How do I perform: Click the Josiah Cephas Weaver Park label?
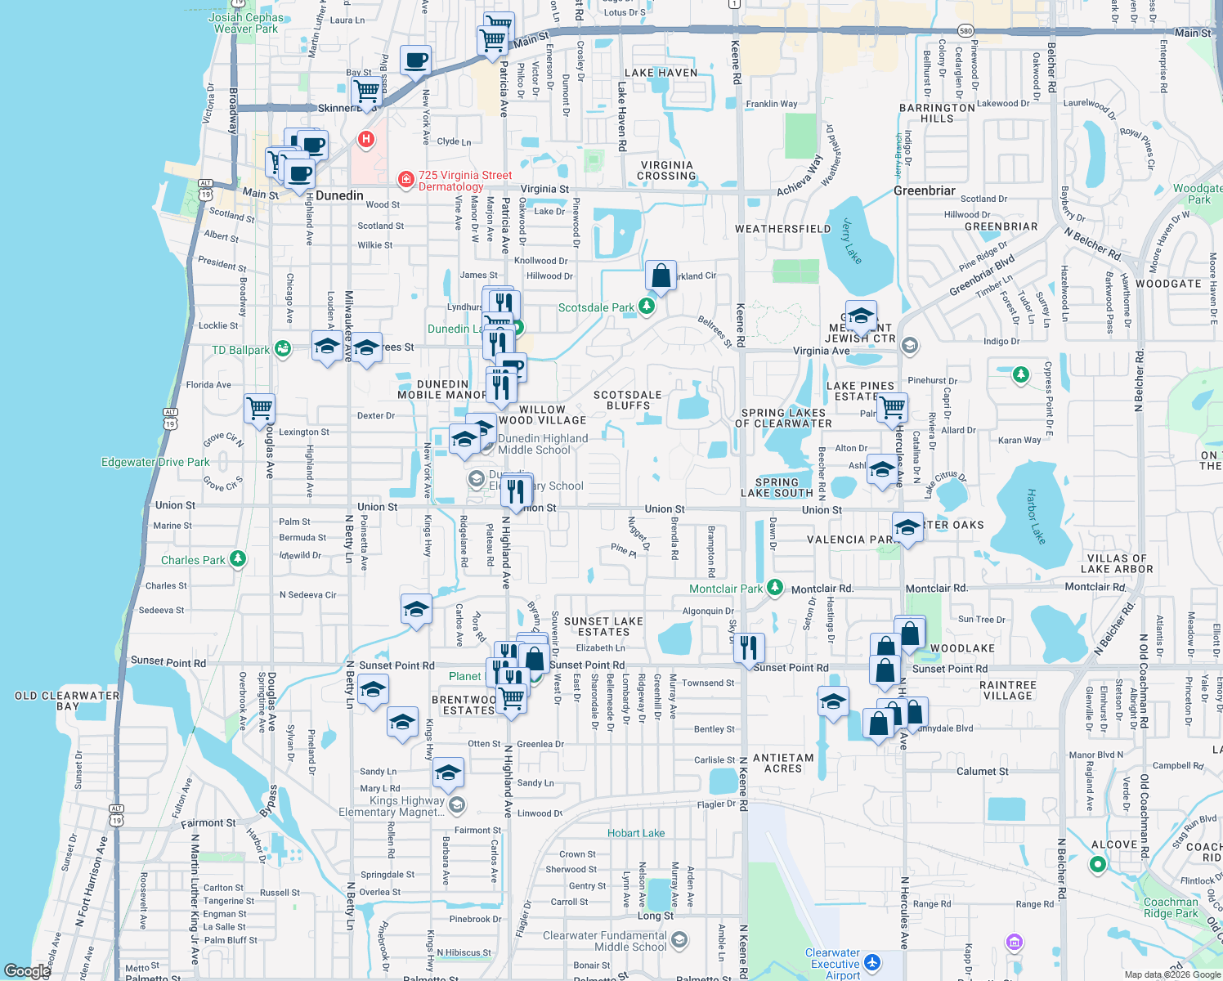246,23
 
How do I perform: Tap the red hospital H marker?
366,139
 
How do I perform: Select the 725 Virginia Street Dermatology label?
464,181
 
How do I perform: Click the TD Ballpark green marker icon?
283,349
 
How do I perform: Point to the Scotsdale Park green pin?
647,307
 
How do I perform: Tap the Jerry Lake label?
852,242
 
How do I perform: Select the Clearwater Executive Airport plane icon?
872,963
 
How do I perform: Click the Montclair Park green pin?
774,588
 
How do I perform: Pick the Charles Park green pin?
237,559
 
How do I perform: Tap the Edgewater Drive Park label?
155,462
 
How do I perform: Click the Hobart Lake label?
635,833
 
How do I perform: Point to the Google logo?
27,971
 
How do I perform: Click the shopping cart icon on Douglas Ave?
259,407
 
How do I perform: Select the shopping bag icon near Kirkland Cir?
661,275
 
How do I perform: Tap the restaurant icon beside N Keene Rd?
749,647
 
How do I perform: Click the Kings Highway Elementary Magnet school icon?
457,805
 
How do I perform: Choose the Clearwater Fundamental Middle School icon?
679,941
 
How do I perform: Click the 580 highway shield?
965,31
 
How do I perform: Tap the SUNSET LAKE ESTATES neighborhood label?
603,626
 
